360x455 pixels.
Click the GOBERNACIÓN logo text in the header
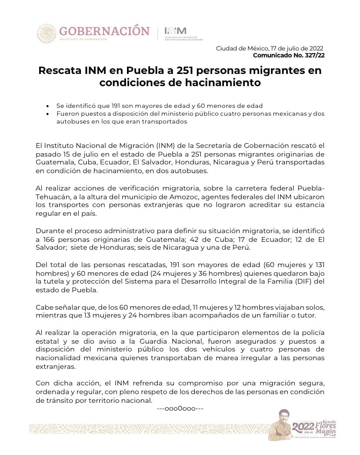pyautogui.click(x=104, y=31)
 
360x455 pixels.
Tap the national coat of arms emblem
pyautogui.click(x=47, y=33)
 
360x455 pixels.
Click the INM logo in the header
pyautogui.click(x=175, y=31)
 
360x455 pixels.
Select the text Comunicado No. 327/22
pyautogui.click(x=289, y=55)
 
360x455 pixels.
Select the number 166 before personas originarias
pyautogui.click(x=48, y=240)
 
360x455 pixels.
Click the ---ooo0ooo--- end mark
pyautogui.click(x=180, y=409)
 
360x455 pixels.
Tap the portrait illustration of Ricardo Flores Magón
pyautogui.click(x=280, y=424)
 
